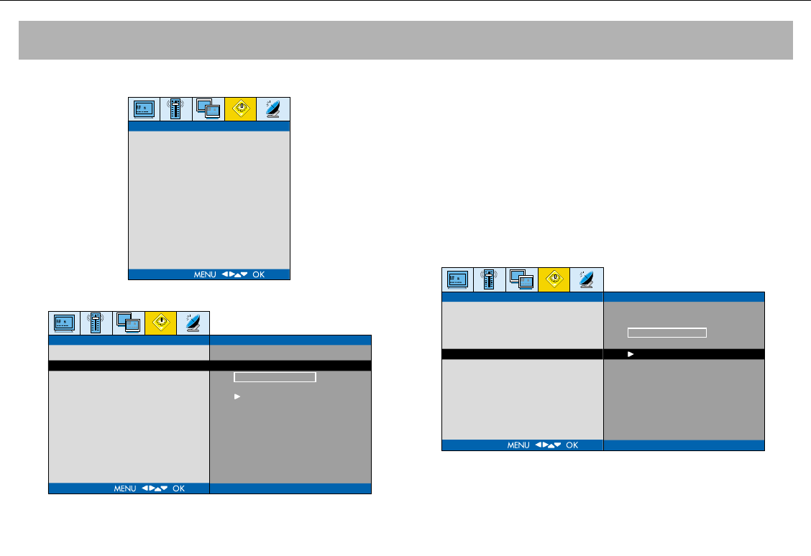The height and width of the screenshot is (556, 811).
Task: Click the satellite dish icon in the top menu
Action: coord(273,109)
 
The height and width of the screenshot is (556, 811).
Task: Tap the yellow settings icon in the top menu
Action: coord(241,109)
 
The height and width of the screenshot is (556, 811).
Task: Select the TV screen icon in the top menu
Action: coord(144,109)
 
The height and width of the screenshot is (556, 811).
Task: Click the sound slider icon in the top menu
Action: coord(176,109)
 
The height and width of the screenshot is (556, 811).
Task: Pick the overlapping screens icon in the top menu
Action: coord(209,109)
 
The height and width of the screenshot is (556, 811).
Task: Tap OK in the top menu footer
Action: coord(259,274)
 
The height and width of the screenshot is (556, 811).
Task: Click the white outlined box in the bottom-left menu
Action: coord(275,377)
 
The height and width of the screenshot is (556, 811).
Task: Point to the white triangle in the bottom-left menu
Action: coord(237,397)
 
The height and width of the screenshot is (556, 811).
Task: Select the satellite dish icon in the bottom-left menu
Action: coord(193,323)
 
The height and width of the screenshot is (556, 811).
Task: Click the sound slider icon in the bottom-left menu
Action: coord(96,323)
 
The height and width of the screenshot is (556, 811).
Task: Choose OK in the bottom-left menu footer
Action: coord(178,488)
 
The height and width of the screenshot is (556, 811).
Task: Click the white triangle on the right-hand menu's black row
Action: coord(631,354)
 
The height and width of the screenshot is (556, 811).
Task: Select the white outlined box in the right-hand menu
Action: coord(667,333)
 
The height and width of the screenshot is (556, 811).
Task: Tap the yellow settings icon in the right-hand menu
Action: coord(554,279)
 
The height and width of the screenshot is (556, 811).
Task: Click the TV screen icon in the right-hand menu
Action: coord(457,279)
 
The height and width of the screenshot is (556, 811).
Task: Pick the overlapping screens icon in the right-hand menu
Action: coord(522,279)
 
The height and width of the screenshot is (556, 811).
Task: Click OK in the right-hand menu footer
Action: coord(572,445)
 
